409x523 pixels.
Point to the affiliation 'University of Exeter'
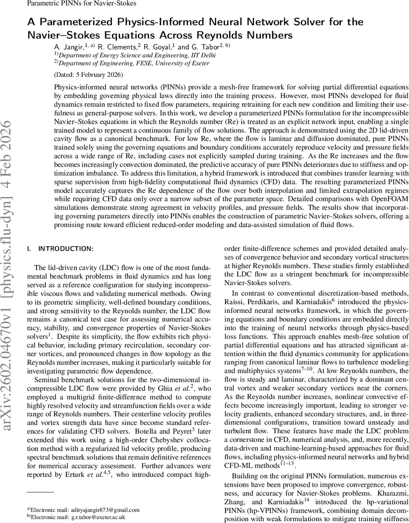[x=181, y=63]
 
